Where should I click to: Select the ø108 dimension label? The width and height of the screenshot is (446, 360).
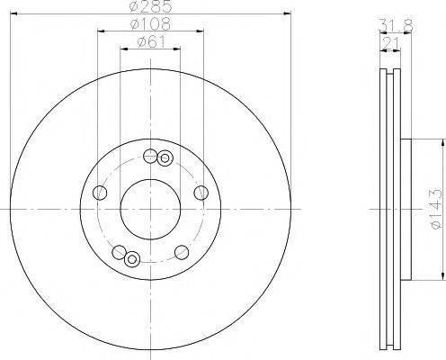pyautogui.click(x=149, y=24)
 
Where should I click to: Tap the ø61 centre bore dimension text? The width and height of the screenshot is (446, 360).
pyautogui.click(x=149, y=41)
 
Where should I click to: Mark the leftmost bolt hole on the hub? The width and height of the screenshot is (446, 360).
pyautogui.click(x=100, y=192)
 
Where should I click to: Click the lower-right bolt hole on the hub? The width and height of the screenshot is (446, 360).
pyautogui.click(x=180, y=251)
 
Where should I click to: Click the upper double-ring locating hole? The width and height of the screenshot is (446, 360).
pyautogui.click(x=165, y=159)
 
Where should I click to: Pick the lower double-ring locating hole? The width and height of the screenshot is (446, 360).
pyautogui.click(x=132, y=260)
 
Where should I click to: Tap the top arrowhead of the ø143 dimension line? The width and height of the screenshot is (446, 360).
pyautogui.click(x=442, y=142)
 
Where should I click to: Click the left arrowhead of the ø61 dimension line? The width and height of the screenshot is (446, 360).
pyautogui.click(x=123, y=49)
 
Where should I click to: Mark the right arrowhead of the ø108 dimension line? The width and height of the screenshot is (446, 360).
pyautogui.click(x=201, y=32)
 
